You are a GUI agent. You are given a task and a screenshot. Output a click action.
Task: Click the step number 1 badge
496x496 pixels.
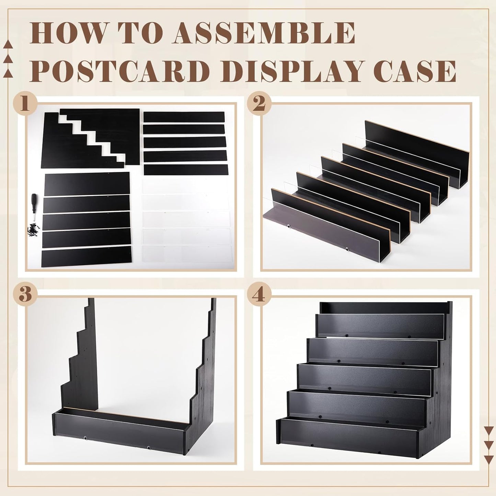[24, 103]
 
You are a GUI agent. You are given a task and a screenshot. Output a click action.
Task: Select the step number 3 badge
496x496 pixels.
[24, 295]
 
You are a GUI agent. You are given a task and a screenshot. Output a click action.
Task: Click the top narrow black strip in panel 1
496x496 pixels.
[184, 117]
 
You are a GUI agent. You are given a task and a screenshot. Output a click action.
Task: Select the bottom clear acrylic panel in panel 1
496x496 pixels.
[186, 254]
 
